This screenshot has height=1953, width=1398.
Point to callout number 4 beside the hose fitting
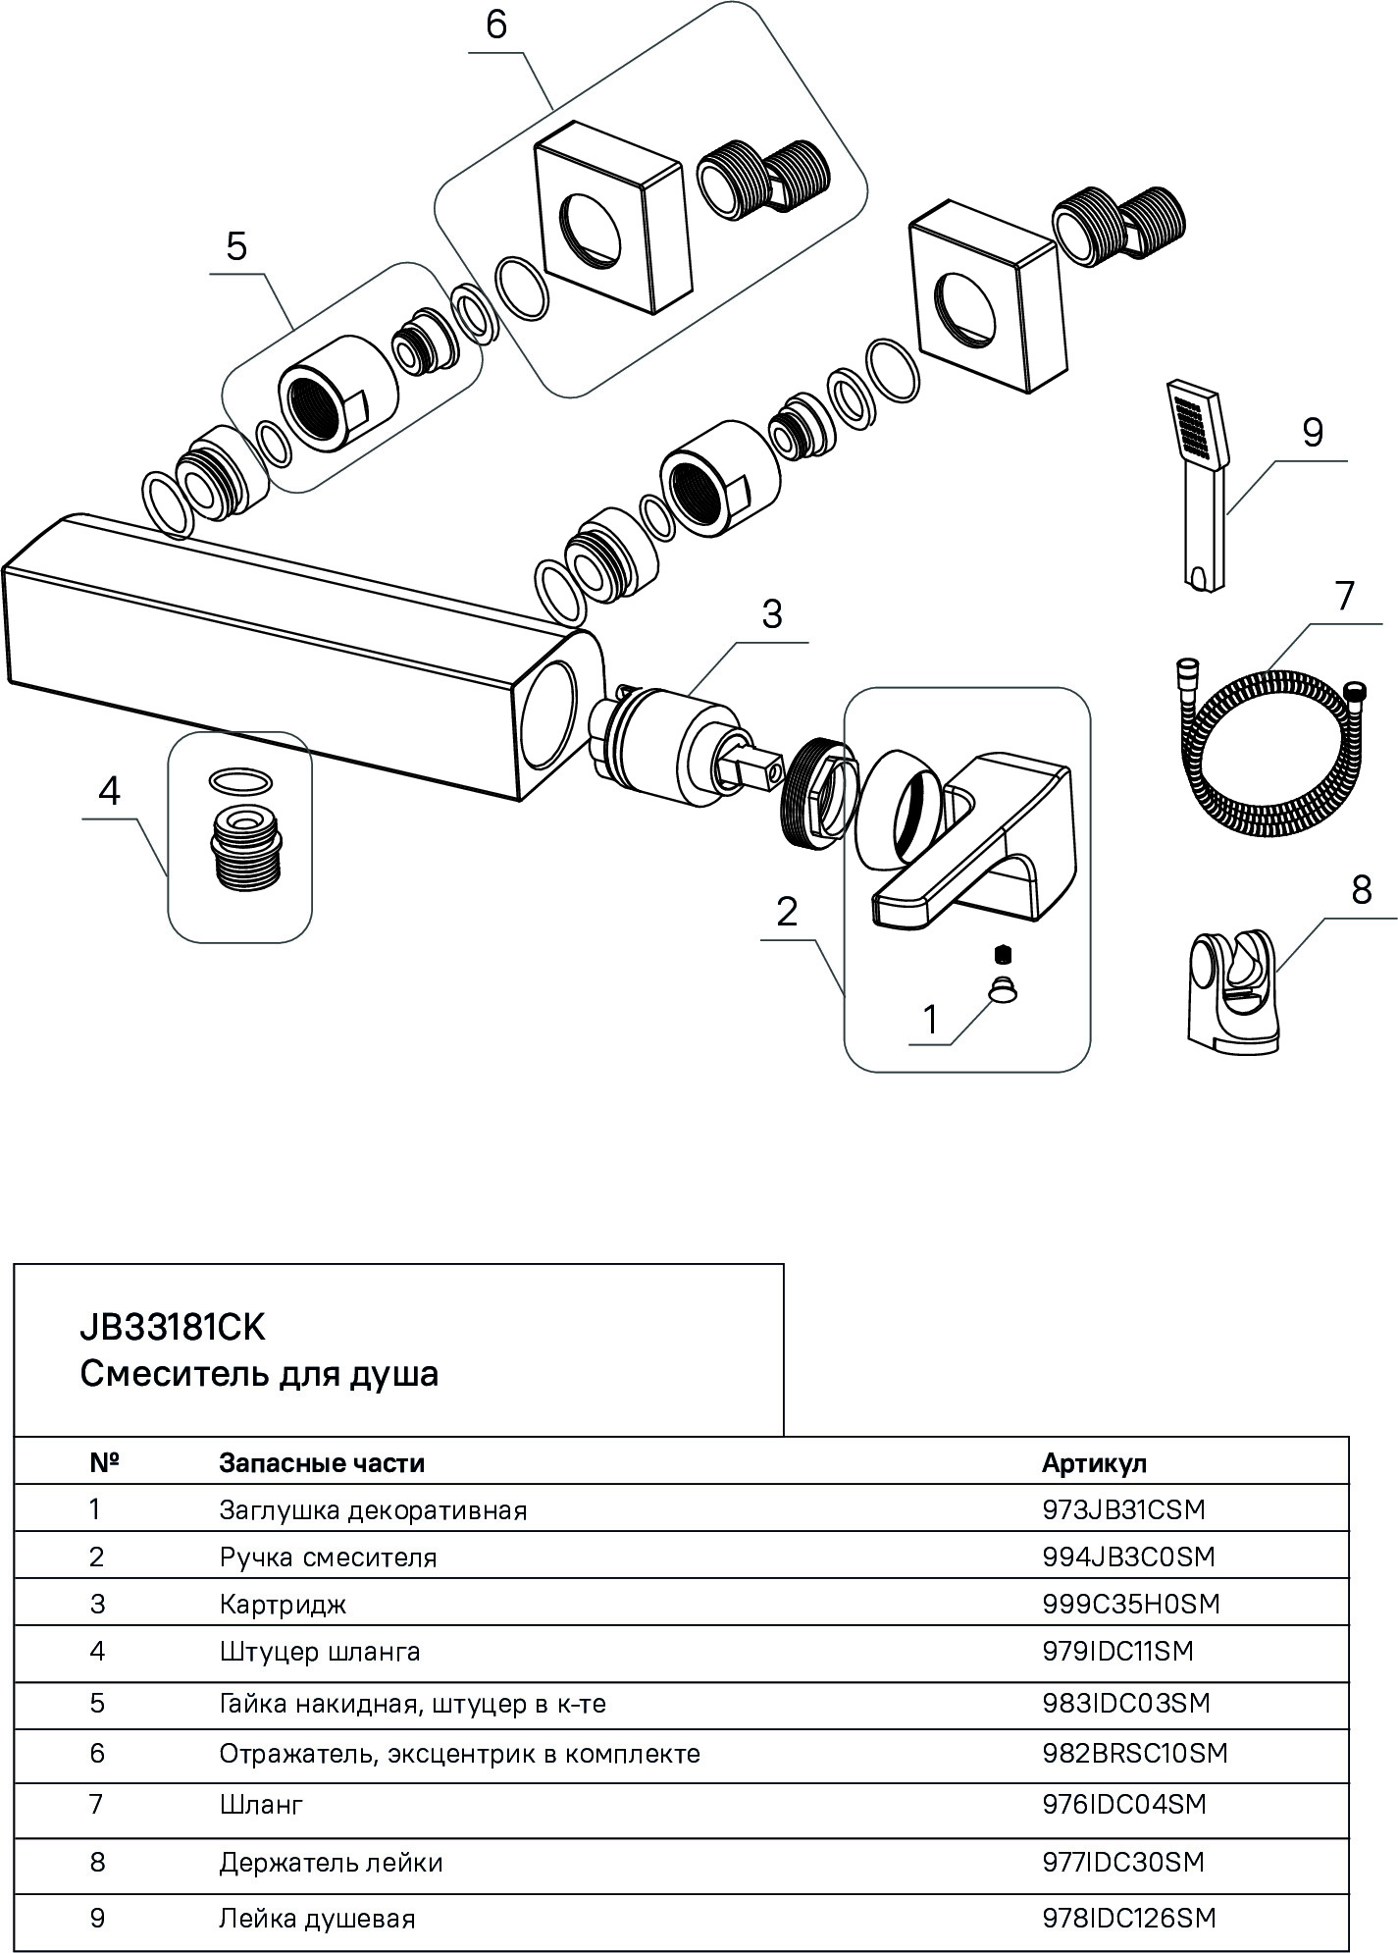click(109, 791)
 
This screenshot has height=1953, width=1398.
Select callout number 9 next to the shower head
click(1313, 433)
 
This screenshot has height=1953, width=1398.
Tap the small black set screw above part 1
click(1002, 953)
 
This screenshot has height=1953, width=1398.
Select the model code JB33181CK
click(172, 1328)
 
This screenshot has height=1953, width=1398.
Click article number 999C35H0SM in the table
click(1130, 1604)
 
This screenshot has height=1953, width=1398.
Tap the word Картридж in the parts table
click(283, 1604)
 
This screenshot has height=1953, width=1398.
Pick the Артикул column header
click(1094, 1463)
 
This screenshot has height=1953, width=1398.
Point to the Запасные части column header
click(322, 1463)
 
